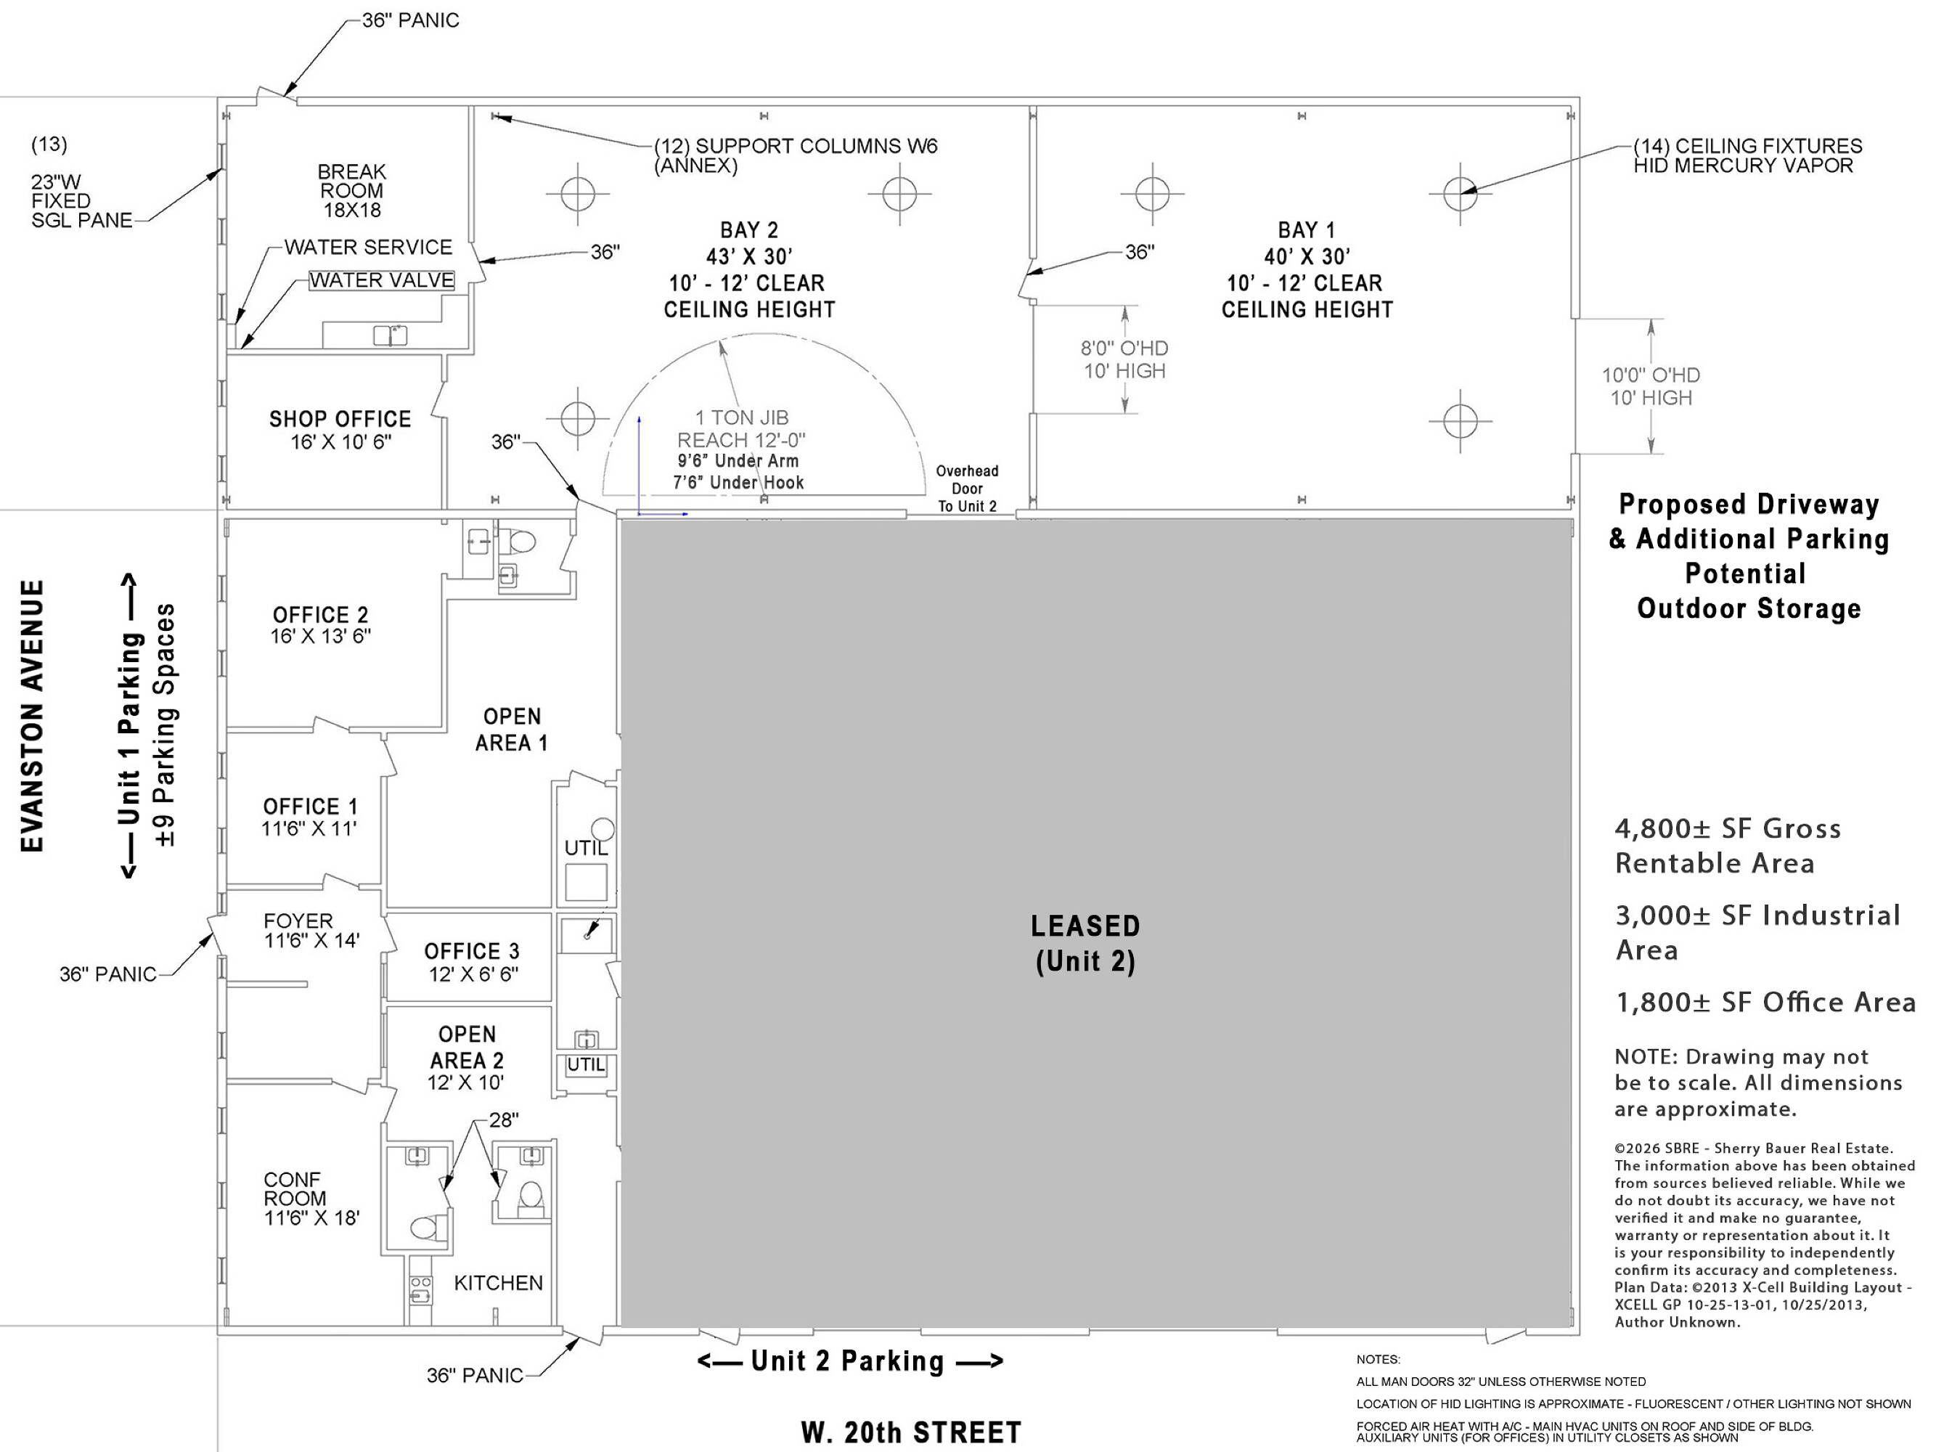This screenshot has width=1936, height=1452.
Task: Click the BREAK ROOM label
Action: [352, 181]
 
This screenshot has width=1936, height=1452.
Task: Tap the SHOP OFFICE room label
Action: [340, 419]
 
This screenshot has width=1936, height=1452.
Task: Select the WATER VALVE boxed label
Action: [382, 280]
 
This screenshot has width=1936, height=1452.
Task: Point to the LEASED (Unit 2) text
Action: [1085, 944]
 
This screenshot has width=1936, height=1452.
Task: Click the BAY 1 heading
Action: [1307, 230]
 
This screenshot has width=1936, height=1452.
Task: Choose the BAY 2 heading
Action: [749, 230]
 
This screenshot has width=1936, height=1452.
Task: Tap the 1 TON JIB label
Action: [741, 417]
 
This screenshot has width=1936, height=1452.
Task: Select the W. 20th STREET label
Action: [911, 1432]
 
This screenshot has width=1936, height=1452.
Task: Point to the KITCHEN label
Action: [498, 1283]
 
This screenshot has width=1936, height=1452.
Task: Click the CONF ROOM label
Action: [294, 1189]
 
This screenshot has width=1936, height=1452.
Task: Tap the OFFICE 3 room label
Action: [472, 951]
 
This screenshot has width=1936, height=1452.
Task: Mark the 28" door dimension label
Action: [504, 1120]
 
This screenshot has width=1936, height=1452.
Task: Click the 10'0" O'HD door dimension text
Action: [1651, 375]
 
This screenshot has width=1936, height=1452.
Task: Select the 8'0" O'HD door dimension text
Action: [1124, 348]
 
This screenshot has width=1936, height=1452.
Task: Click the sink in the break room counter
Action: [391, 335]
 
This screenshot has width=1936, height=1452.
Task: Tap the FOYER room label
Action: [298, 921]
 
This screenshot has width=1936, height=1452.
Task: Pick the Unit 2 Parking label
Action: [848, 1361]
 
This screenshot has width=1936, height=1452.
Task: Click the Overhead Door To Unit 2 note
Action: [967, 489]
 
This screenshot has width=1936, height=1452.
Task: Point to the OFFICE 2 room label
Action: [320, 614]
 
